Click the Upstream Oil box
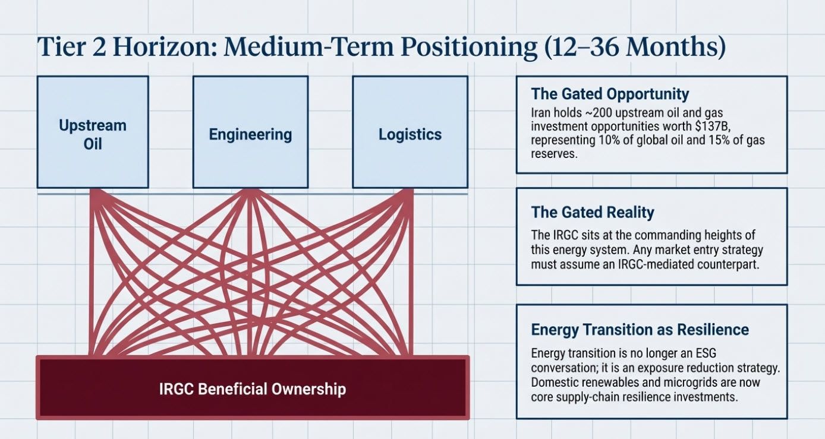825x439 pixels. point(93,134)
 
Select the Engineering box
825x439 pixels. point(250,134)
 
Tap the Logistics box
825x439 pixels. point(410,134)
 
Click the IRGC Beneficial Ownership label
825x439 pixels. point(253,389)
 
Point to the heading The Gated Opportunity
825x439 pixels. point(610,94)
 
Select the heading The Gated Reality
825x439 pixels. point(592,212)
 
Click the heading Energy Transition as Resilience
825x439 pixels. point(640,330)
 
